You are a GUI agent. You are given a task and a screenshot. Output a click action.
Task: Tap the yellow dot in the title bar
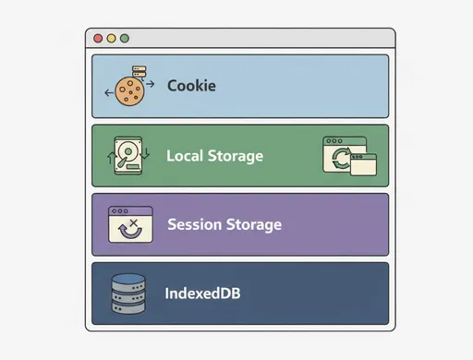point(112,39)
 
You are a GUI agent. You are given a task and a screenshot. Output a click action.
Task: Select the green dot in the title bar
point(125,39)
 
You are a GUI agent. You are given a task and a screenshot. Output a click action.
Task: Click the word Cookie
point(191,86)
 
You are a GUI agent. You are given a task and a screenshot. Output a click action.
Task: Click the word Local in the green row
point(185,156)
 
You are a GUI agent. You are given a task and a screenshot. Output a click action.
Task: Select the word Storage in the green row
point(235,156)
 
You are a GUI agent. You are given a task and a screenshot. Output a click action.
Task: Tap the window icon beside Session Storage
point(130,224)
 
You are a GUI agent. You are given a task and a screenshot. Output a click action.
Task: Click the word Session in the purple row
point(194,224)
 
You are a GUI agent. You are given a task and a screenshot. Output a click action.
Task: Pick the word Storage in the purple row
point(253,224)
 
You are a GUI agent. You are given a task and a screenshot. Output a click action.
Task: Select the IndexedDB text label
point(203,294)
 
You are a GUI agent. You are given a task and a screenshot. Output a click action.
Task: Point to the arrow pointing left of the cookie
point(109,91)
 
